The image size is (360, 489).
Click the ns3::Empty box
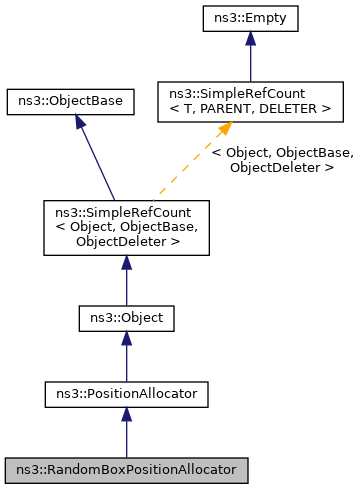coord(250,19)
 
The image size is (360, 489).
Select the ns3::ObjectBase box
coord(70,101)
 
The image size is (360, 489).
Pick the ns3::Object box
coord(126,319)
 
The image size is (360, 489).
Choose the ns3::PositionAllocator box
coord(126,394)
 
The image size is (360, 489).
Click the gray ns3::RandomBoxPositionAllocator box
coord(126,469)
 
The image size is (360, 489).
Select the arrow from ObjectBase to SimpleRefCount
coord(97,160)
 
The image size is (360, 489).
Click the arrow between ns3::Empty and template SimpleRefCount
coord(250,60)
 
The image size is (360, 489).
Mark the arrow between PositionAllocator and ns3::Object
coord(126,358)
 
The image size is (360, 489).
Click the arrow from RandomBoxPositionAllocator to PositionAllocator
coord(126,433)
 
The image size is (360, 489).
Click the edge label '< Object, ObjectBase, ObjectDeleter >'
coord(282,160)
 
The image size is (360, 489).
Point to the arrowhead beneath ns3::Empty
coord(250,39)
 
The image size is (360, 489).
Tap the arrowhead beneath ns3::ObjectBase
coord(78,122)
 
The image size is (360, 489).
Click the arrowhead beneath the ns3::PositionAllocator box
coord(126,415)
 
